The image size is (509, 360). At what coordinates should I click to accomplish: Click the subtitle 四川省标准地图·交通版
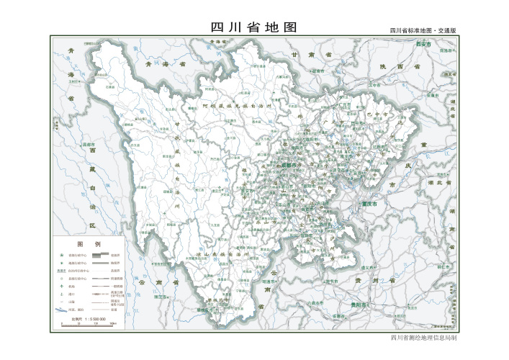pos(423,31)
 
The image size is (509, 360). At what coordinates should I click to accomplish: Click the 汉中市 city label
pos(374,84)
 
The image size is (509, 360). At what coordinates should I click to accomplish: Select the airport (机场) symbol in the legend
pos(61,286)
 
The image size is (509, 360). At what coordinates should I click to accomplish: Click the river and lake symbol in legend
pos(61,309)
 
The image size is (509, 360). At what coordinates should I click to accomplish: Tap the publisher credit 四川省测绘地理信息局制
pos(423,337)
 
